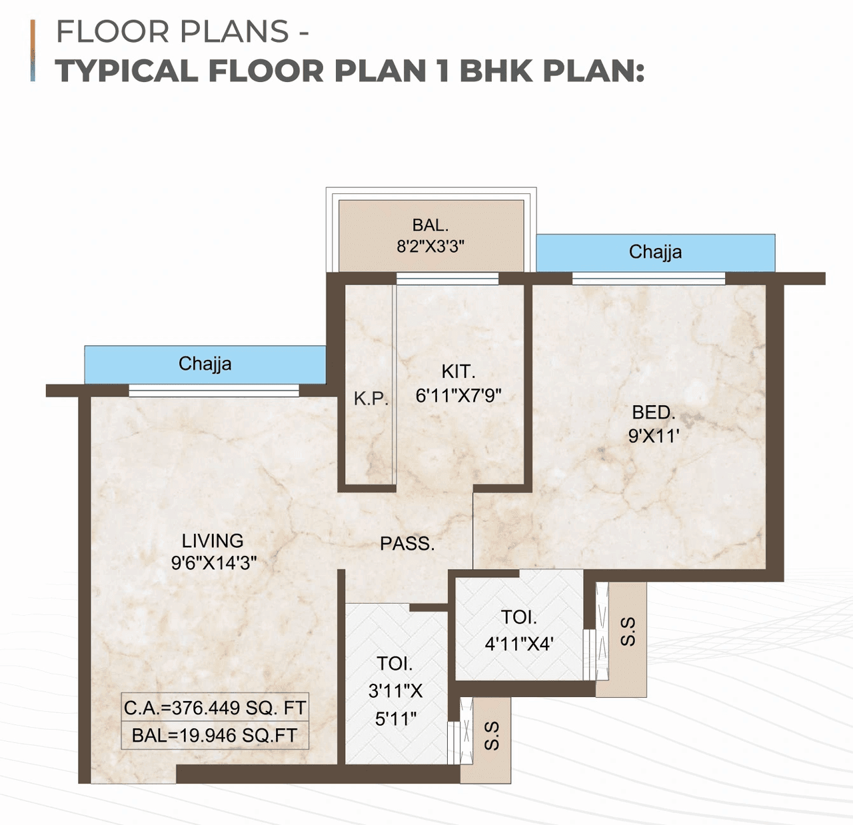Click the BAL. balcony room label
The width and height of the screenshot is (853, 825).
click(430, 225)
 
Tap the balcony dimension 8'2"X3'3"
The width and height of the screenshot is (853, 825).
click(430, 247)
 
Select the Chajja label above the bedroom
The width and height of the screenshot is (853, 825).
click(655, 252)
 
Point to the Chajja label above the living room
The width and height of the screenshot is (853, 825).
click(205, 364)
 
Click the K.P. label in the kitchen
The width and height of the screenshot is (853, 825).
click(371, 399)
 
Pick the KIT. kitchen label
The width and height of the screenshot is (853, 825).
click(458, 371)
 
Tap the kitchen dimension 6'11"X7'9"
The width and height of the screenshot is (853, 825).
click(458, 396)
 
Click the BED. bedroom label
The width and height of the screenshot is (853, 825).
click(653, 412)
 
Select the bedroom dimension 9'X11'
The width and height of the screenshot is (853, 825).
click(653, 436)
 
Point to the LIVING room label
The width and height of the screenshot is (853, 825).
click(213, 540)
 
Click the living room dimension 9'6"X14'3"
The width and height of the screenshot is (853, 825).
click(213, 564)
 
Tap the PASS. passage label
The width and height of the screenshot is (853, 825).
click(407, 544)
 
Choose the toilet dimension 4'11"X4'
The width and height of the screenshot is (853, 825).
click(518, 644)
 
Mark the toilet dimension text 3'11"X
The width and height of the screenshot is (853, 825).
click(395, 691)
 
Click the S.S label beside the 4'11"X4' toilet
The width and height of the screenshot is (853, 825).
click(628, 631)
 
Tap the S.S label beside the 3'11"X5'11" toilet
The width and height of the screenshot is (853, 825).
click(491, 735)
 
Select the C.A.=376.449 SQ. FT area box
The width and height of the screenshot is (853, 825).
click(215, 708)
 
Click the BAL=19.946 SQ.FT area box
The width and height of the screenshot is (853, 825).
click(215, 736)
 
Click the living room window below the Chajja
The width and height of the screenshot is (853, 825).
click(213, 391)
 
